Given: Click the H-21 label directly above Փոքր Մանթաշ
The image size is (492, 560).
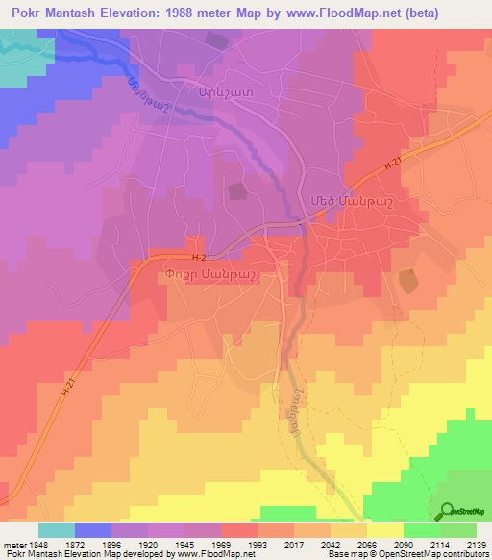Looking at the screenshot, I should (x=200, y=258).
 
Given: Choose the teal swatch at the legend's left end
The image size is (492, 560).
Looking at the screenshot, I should (x=57, y=529).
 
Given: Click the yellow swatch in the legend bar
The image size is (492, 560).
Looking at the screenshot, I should (x=384, y=529).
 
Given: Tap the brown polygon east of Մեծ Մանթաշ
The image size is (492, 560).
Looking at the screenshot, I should (x=407, y=282).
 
